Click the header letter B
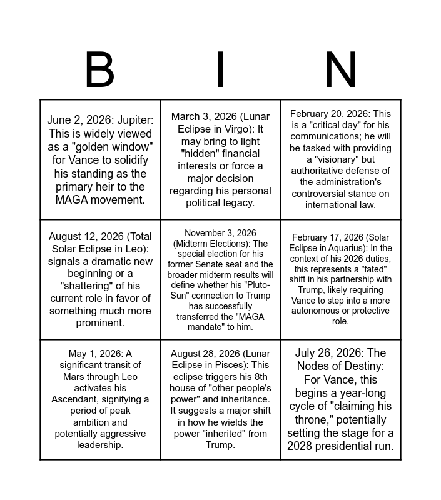(99, 70)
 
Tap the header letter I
(220, 70)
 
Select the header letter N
(341, 70)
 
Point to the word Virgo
(236, 129)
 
